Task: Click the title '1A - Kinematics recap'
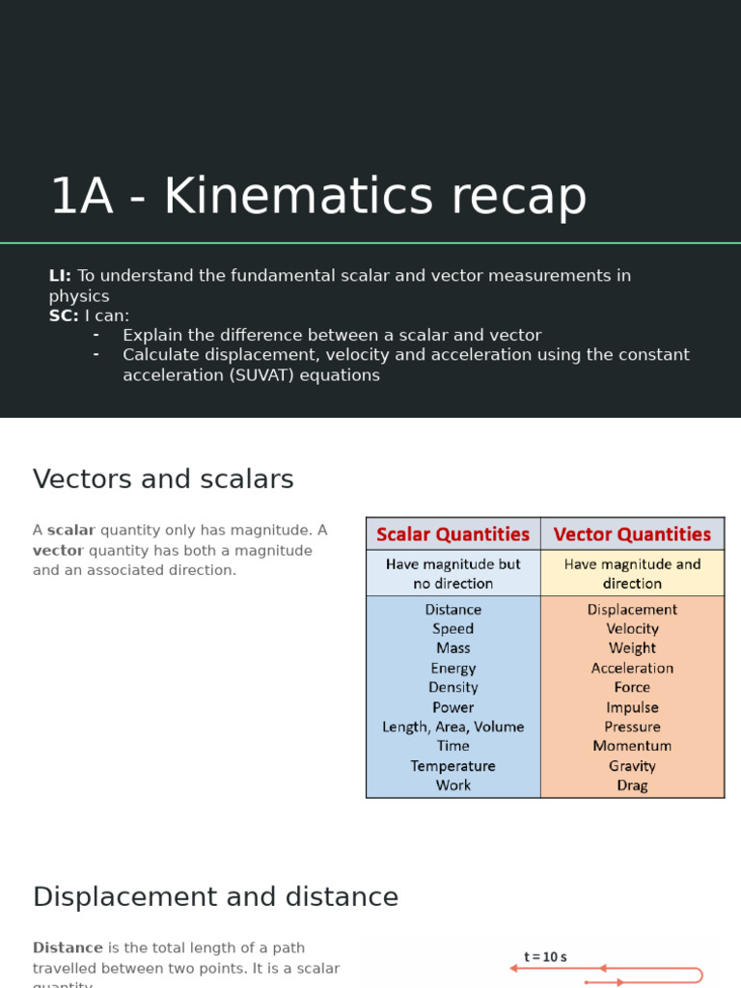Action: [x=317, y=196]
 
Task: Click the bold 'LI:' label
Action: [x=60, y=276]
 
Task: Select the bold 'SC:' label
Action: [x=64, y=316]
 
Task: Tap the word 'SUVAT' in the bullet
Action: [x=259, y=375]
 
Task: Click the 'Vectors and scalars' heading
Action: [x=163, y=480]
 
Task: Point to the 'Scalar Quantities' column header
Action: [x=453, y=535]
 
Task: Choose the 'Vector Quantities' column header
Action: [x=632, y=535]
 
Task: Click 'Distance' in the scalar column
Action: [x=453, y=610]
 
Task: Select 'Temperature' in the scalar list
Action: [x=453, y=766]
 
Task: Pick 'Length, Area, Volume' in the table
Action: [x=453, y=727]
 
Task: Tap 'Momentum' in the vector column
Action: [x=632, y=746]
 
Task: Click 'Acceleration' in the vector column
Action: [x=632, y=668]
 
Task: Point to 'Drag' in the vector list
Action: [x=632, y=785]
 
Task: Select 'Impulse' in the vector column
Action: [x=632, y=707]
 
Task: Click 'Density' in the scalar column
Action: [x=453, y=687]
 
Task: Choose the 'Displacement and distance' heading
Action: [x=215, y=897]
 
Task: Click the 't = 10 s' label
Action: [x=545, y=957]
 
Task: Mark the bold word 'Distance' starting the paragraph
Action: [x=68, y=948]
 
